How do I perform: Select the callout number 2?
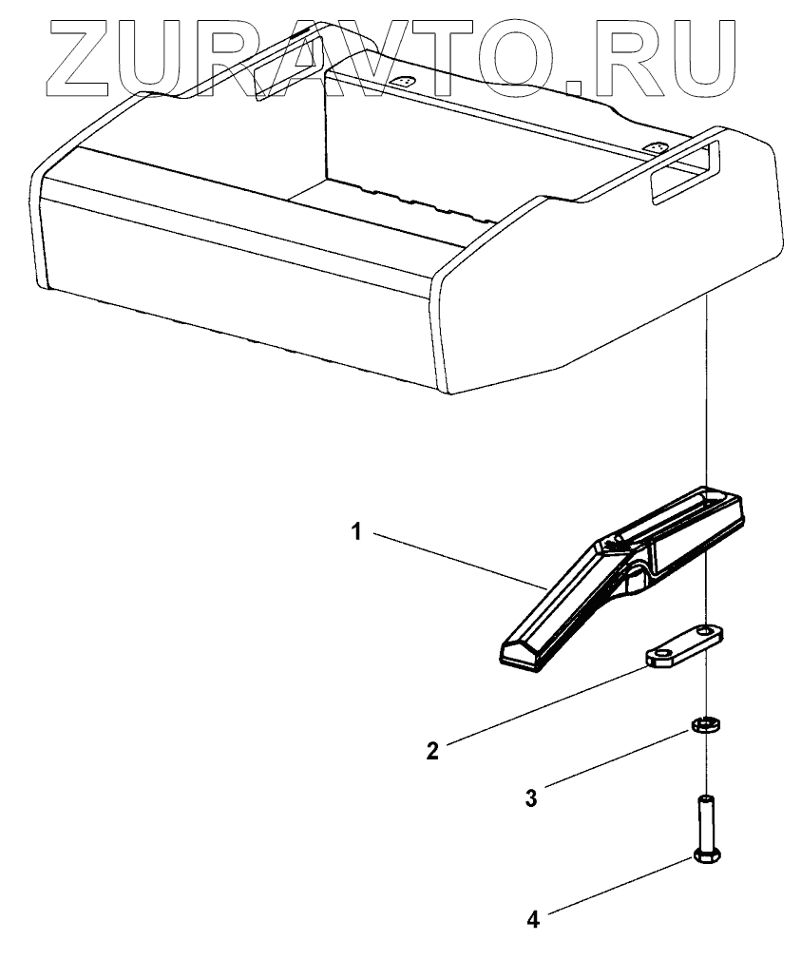tap(432, 752)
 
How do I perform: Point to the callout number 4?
tap(533, 919)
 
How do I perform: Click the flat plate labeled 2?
tap(683, 645)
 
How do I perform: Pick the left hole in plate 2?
tap(657, 655)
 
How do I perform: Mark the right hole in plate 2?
tap(706, 630)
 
